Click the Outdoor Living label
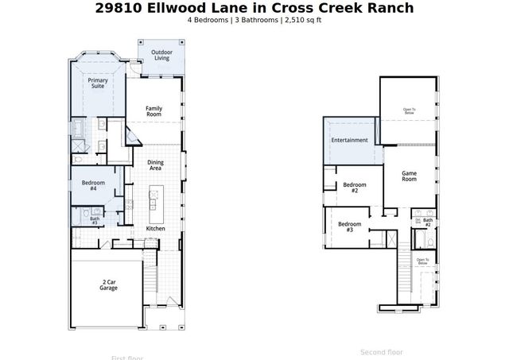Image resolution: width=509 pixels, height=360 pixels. pyautogui.click(x=161, y=55)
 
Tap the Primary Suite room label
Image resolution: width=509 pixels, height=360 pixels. pyautogui.click(x=98, y=83)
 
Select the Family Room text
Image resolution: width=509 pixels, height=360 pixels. pyautogui.click(x=154, y=111)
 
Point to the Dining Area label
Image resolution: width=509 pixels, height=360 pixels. pyautogui.click(x=155, y=165)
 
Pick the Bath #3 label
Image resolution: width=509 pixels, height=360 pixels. pyautogui.click(x=94, y=220)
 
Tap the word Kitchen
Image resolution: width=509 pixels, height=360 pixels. pyautogui.click(x=155, y=228)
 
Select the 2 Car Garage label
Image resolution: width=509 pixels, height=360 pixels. pyautogui.click(x=109, y=285)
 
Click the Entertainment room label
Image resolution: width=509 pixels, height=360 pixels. pyautogui.click(x=349, y=140)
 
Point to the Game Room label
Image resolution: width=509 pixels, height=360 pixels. pyautogui.click(x=409, y=176)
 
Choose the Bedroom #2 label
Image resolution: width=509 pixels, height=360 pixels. pyautogui.click(x=355, y=188)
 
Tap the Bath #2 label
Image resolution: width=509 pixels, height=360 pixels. pyautogui.click(x=427, y=222)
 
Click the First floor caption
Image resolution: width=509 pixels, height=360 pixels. pyautogui.click(x=127, y=357)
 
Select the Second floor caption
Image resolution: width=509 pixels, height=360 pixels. pyautogui.click(x=382, y=351)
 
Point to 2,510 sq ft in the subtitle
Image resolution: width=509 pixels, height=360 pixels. pyautogui.click(x=302, y=20)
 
